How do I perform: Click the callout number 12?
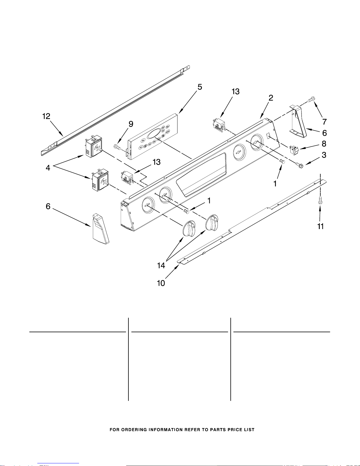tap(46, 116)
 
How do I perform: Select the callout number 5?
tap(200, 87)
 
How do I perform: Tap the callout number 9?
tap(131, 124)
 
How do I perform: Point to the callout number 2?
tap(271, 98)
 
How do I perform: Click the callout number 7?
tap(324, 121)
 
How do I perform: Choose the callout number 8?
tap(324, 144)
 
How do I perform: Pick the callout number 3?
tap(324, 155)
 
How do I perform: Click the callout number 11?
tap(320, 226)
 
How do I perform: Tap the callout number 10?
tap(161, 283)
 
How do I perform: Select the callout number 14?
tap(161, 265)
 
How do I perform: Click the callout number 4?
tap(48, 168)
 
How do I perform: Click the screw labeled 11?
tap(320, 201)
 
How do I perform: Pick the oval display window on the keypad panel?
tap(154, 135)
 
